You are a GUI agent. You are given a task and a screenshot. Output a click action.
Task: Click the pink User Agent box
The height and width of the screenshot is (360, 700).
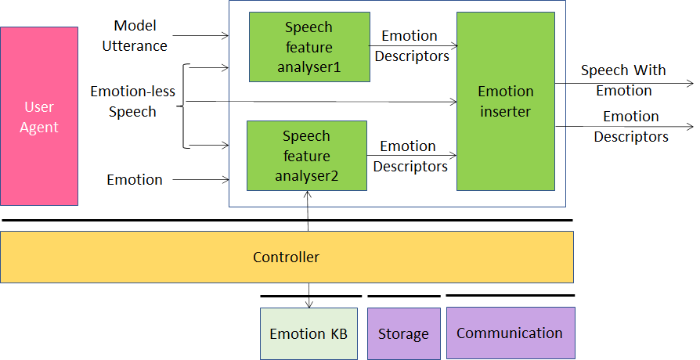(39, 116)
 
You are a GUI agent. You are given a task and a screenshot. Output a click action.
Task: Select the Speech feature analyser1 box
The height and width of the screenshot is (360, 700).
(309, 47)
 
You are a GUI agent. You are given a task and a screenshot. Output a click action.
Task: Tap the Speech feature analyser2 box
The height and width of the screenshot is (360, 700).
(307, 156)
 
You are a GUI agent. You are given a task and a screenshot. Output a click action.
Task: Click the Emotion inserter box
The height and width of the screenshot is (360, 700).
(506, 101)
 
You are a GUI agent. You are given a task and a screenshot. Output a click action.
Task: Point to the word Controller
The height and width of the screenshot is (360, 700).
(286, 257)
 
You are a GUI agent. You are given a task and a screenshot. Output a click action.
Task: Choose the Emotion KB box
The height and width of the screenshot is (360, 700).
(309, 333)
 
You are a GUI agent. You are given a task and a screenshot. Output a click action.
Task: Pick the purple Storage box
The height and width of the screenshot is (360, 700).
(404, 333)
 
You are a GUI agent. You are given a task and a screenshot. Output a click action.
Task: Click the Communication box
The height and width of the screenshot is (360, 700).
(511, 333)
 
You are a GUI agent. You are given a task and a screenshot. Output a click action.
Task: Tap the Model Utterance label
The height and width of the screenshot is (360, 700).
(135, 36)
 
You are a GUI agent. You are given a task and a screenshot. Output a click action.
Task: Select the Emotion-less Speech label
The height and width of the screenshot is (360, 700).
(132, 101)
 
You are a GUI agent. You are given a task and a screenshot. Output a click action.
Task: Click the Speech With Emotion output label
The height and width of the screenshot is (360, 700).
(624, 81)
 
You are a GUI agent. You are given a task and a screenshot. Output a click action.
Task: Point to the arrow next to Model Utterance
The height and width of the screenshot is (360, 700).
(200, 36)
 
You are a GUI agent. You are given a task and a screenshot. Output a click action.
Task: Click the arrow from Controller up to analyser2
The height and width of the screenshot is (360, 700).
(308, 211)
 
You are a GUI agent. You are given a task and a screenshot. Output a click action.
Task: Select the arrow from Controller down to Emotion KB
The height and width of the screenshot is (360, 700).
(309, 295)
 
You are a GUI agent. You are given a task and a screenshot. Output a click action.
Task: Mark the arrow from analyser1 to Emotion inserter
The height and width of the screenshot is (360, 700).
(413, 45)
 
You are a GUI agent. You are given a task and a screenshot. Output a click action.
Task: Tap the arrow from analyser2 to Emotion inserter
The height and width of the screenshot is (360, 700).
(412, 155)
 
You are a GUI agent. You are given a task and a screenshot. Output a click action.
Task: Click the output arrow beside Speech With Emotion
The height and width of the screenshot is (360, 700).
(624, 84)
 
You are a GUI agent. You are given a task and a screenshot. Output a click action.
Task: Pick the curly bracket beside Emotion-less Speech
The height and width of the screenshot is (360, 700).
(183, 106)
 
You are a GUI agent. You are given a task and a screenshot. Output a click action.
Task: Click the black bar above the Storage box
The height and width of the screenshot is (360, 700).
(404, 296)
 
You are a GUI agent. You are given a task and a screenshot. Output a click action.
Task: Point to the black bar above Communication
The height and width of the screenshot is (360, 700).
(511, 295)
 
